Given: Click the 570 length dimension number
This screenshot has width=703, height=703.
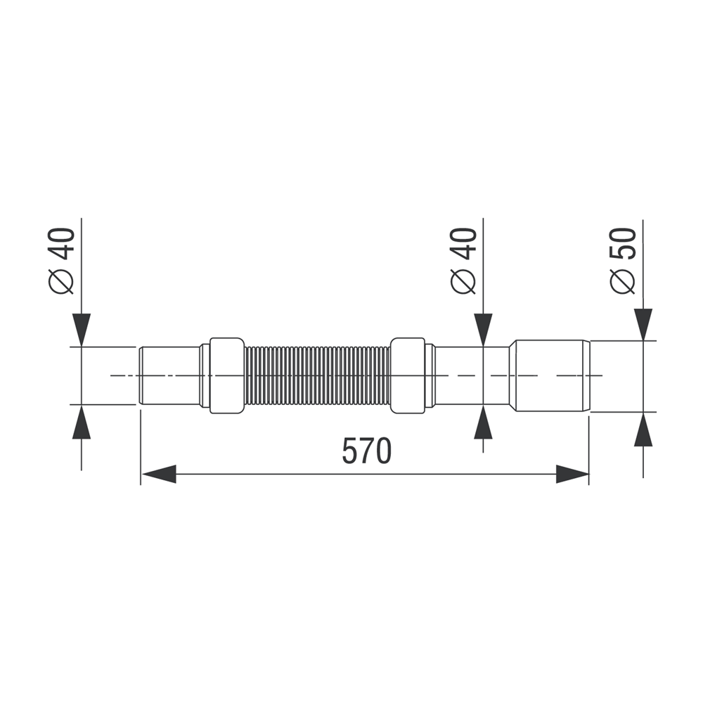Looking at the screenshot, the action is [366, 451].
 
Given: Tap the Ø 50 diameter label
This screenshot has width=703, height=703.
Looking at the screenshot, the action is [623, 262].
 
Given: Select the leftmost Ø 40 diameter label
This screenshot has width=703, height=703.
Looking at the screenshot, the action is [61, 261].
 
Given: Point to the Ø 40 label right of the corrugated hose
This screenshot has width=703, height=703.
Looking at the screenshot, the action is [463, 261].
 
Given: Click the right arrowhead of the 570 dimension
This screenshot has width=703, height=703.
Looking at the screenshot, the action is [572, 474].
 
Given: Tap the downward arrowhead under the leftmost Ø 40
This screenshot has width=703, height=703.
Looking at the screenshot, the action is [81, 330].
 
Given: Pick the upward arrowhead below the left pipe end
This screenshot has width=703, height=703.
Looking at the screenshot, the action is [81, 422].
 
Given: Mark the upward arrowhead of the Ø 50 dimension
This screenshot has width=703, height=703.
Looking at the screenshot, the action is [643, 429].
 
